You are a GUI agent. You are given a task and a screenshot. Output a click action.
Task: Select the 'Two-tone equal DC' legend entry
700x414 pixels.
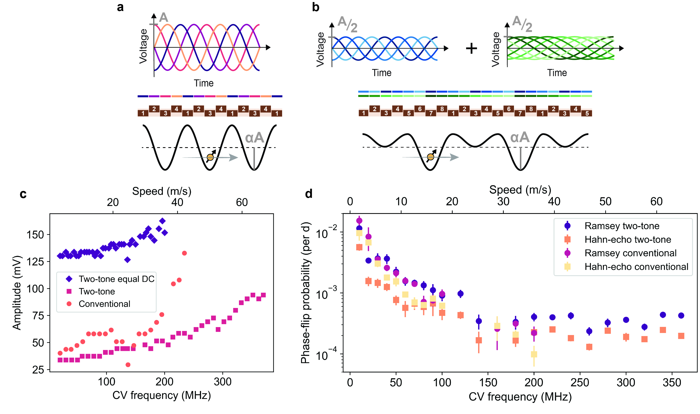116,279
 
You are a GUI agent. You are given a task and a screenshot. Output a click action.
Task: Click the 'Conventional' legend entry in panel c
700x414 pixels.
104,304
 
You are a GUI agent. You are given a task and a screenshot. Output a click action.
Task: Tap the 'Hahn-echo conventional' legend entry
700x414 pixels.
636,267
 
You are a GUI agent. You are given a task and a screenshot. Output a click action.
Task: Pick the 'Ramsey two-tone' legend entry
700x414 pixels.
622,226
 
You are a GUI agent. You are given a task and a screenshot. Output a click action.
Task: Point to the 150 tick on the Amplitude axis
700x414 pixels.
35,235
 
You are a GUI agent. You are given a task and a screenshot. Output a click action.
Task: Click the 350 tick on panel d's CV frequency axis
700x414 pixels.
672,382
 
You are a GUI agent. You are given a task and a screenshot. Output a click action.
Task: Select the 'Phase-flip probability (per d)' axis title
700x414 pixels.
306,293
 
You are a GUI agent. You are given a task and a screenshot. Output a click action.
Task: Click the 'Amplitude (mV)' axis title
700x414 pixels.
17,293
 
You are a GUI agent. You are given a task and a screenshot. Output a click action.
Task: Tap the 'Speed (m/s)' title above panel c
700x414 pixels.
162,191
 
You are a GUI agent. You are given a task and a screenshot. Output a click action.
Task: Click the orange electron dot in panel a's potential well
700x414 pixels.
210,157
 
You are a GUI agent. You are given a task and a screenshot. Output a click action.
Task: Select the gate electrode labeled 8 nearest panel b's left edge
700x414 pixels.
442,109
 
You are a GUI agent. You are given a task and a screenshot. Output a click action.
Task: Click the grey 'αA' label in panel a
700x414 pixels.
254,138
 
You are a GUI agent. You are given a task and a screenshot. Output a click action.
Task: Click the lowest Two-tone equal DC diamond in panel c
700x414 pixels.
127,260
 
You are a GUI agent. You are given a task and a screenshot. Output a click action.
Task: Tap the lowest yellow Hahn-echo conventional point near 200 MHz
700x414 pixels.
534,354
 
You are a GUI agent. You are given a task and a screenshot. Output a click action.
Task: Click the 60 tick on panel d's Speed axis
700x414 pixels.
656,202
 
